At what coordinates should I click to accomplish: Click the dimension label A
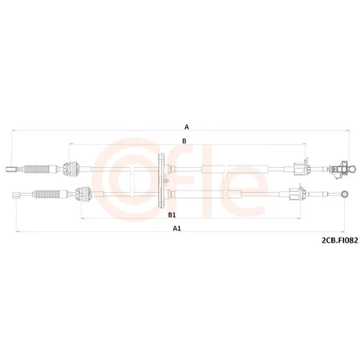(x=186, y=127)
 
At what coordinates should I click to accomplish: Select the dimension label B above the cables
(x=184, y=141)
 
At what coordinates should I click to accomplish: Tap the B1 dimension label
(x=172, y=215)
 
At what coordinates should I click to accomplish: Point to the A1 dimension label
(x=177, y=228)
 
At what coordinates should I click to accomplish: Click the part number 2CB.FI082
(x=340, y=240)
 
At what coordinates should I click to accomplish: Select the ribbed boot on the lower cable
(x=47, y=194)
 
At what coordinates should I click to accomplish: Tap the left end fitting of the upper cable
(x=12, y=169)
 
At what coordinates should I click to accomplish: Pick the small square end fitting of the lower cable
(x=17, y=195)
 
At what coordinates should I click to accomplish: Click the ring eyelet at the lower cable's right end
(x=345, y=194)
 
